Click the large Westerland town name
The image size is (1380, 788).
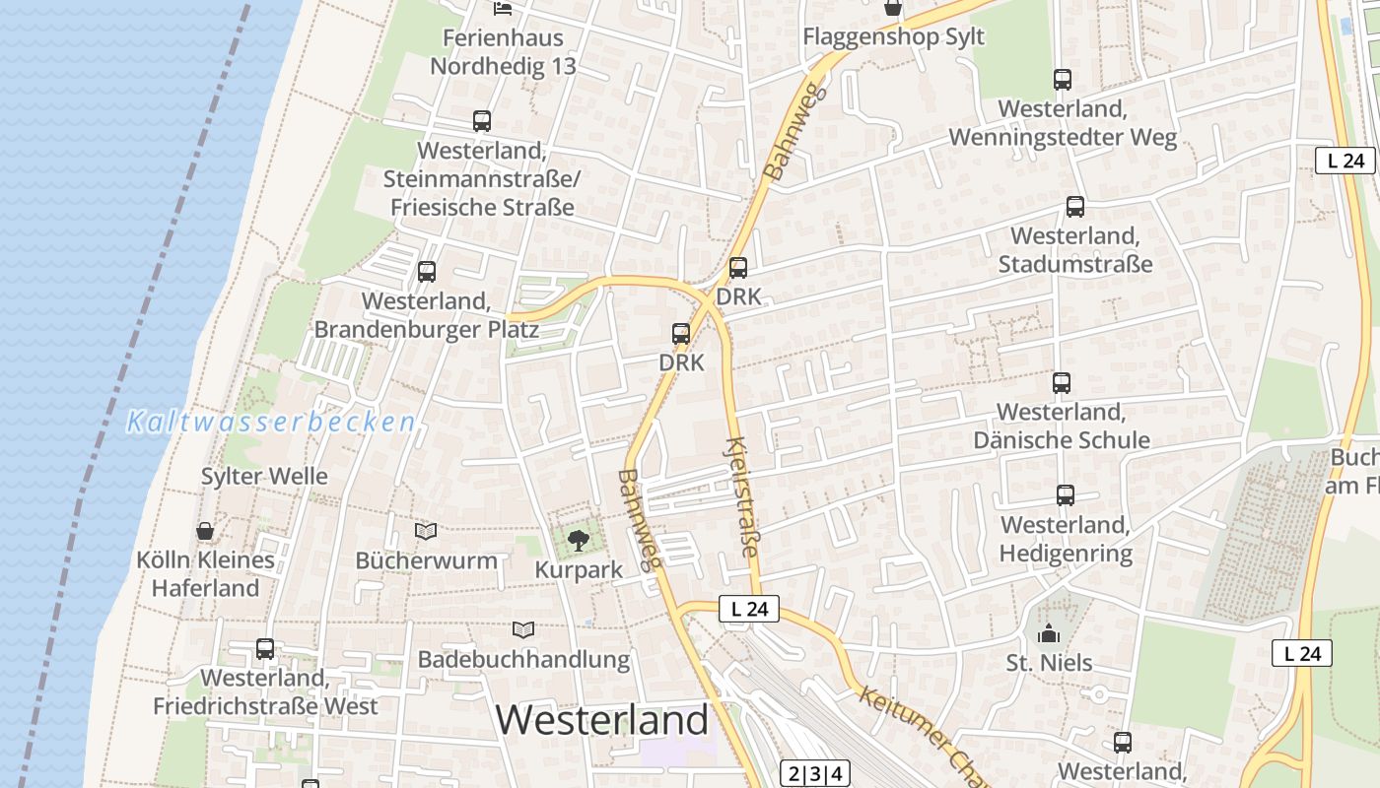click(601, 720)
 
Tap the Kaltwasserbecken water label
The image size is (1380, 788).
click(271, 423)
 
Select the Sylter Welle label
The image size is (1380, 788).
click(264, 477)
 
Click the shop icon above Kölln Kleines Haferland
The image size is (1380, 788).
click(205, 532)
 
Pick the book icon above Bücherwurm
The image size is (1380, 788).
click(426, 532)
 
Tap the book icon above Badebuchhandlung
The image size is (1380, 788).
click(523, 629)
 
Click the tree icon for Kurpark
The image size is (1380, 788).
click(579, 539)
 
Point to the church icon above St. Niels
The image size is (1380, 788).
click(1048, 633)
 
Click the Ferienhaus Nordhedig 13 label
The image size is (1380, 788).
click(503, 52)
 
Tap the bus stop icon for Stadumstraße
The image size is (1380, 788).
click(1075, 207)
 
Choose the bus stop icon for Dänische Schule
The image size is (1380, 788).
click(1062, 382)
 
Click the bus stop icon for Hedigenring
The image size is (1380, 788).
click(1066, 494)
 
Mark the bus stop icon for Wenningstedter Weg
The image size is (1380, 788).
click(1063, 80)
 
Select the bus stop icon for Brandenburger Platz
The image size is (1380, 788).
click(427, 271)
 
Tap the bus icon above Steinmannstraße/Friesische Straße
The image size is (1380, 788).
click(482, 121)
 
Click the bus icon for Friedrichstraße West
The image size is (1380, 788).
click(265, 648)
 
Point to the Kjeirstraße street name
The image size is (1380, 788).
click(743, 496)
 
